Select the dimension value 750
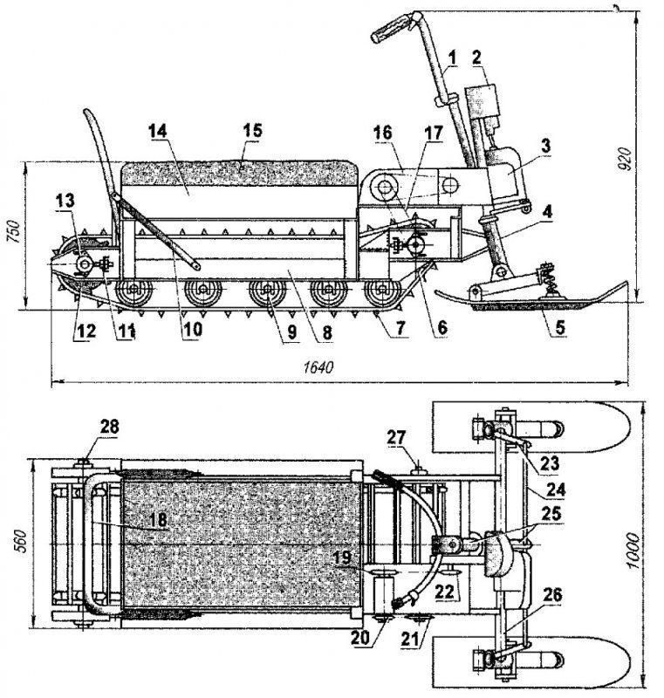tap(11, 232)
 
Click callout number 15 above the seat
tap(251, 131)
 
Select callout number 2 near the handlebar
tap(476, 58)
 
